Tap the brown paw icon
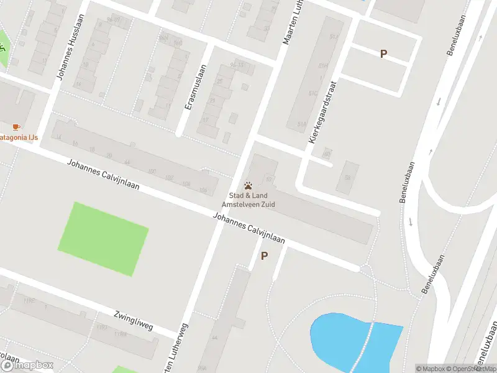248,185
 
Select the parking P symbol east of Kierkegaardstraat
383,53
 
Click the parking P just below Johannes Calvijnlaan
265,256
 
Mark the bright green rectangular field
103,238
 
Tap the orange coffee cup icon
16,127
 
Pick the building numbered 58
348,178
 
